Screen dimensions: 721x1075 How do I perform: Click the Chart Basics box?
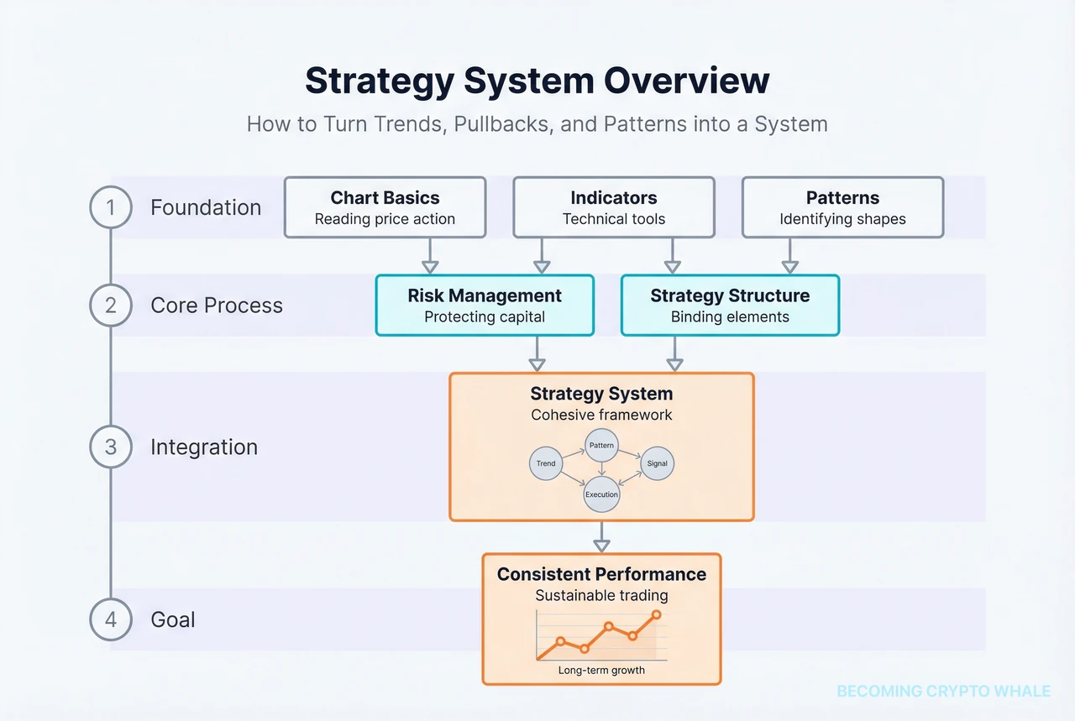tap(385, 207)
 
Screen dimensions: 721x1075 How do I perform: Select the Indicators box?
tap(613, 207)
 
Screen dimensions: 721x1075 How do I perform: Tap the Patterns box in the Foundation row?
tap(842, 207)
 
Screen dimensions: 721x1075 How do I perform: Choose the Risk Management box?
tap(485, 306)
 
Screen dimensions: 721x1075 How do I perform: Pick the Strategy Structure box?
tap(729, 306)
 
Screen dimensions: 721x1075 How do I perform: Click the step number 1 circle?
tap(111, 207)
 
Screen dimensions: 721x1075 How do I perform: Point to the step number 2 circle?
tap(111, 306)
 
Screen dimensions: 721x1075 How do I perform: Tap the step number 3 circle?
tap(111, 447)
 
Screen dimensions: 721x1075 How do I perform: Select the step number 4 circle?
tap(111, 619)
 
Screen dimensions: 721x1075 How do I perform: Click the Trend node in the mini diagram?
tap(546, 463)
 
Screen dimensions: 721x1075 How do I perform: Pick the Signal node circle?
tap(657, 463)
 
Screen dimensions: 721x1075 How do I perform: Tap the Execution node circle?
tap(601, 494)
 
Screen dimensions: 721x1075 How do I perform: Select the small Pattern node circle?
tap(601, 445)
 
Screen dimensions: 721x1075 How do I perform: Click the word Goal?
tap(172, 619)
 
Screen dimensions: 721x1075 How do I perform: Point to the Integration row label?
tap(203, 447)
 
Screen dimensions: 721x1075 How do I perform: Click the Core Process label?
tap(216, 306)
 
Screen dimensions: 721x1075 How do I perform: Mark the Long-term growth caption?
tap(601, 671)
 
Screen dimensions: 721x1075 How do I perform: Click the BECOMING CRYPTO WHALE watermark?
tap(943, 692)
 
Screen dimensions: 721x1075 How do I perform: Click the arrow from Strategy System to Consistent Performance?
tap(601, 537)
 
